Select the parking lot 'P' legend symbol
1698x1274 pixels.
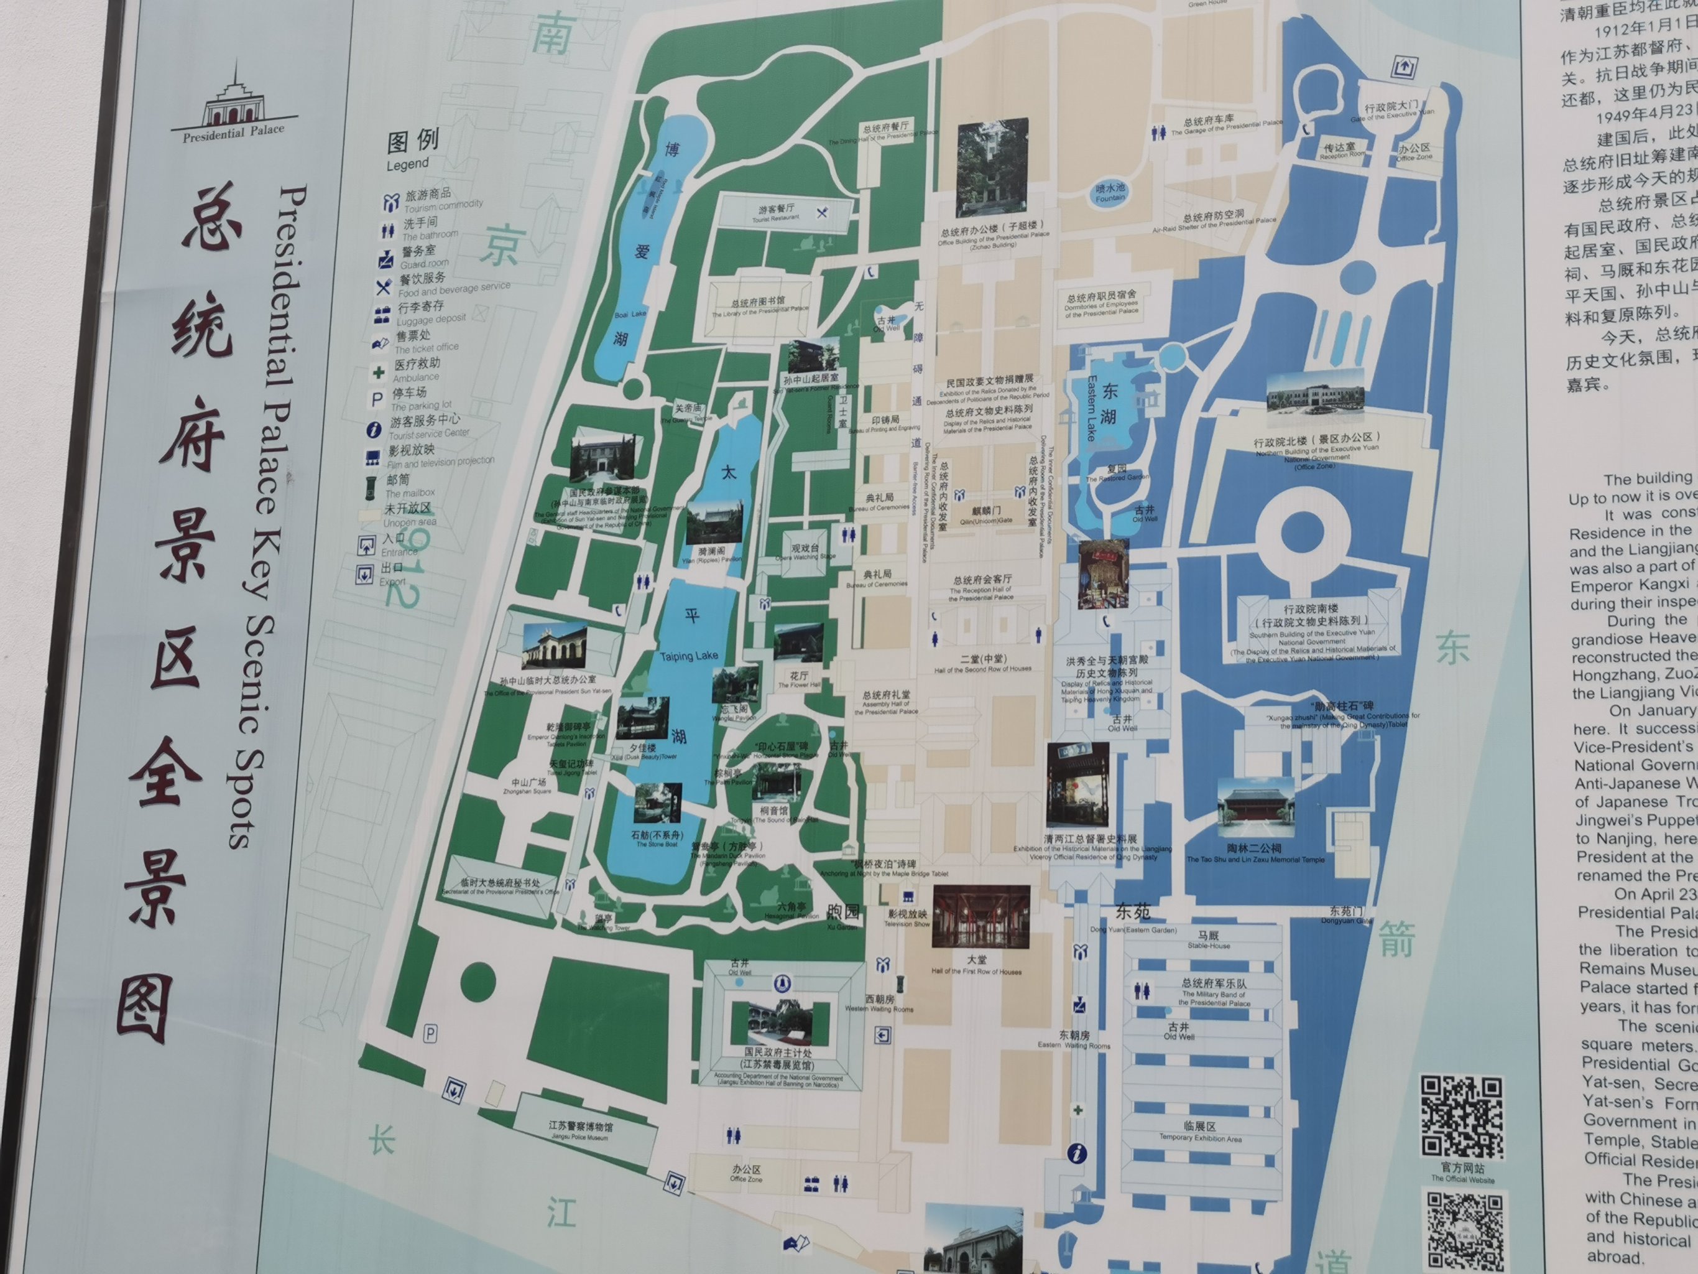377,400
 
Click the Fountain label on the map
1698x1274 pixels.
1110,193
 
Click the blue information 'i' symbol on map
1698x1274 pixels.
1077,1153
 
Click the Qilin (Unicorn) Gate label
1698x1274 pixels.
986,514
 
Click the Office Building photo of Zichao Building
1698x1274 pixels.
992,167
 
